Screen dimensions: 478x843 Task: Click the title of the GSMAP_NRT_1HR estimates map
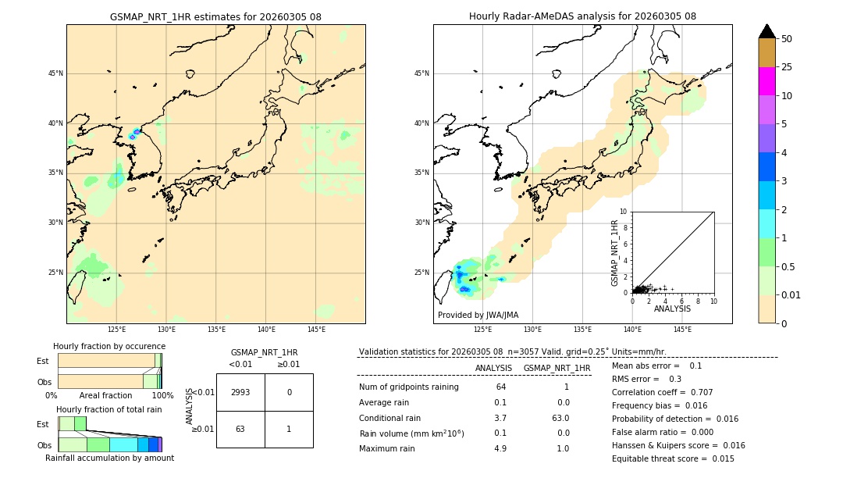coord(215,16)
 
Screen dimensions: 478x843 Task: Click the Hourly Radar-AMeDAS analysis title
coord(582,16)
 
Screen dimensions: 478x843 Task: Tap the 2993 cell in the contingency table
coord(240,392)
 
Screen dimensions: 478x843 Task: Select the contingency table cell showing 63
coord(240,429)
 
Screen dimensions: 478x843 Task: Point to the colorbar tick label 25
coord(787,67)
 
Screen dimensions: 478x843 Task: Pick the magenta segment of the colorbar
coord(767,81)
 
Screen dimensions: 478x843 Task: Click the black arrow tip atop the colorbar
coord(767,30)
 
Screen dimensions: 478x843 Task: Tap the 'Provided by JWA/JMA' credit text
coord(478,315)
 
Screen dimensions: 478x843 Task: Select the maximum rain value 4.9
coord(500,448)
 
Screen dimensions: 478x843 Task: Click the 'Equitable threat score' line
coord(673,458)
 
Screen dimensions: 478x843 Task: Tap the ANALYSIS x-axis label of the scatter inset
coord(672,309)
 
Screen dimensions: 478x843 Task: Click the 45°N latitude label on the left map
coord(55,73)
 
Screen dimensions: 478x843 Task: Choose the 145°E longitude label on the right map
coord(682,330)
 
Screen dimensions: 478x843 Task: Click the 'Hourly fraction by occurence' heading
coord(109,346)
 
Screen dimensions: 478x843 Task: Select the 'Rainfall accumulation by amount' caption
coord(109,458)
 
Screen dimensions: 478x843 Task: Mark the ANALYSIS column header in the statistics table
coord(493,368)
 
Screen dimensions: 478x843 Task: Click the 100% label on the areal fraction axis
coord(162,396)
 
